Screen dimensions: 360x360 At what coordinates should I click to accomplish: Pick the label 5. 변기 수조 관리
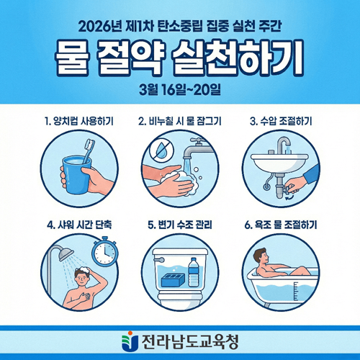179,224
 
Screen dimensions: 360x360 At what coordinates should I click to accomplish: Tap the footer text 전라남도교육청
189,338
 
